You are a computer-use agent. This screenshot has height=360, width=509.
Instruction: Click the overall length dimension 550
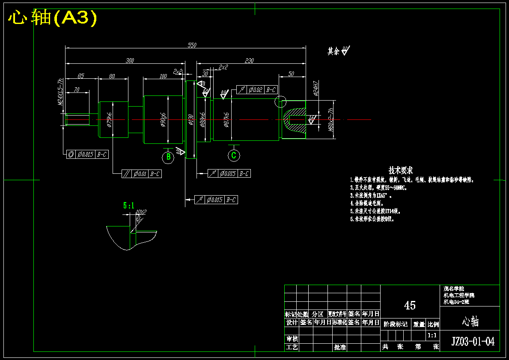pyautogui.click(x=192, y=45)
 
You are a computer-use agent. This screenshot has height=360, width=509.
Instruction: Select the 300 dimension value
pyautogui.click(x=130, y=61)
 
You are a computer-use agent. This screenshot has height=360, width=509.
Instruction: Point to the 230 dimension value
pyautogui.click(x=249, y=61)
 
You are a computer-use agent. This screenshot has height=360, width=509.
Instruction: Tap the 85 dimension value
pyautogui.click(x=80, y=76)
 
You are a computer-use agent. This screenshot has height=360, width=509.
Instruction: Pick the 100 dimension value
pyautogui.click(x=163, y=76)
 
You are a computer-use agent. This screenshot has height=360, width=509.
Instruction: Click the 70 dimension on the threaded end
pyautogui.click(x=76, y=89)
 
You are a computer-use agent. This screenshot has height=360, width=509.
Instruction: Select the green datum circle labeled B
pyautogui.click(x=168, y=157)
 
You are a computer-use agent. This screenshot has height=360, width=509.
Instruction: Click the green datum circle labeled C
pyautogui.click(x=233, y=155)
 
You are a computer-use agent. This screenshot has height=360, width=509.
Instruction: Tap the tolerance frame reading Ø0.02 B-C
pyautogui.click(x=257, y=90)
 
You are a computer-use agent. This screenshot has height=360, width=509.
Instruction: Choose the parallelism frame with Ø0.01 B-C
pyautogui.click(x=141, y=174)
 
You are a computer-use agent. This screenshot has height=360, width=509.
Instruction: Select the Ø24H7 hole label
pyautogui.click(x=316, y=88)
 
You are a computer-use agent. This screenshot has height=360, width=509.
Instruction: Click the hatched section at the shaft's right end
pyautogui.click(x=295, y=119)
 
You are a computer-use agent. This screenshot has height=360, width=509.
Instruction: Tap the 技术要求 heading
pyautogui.click(x=400, y=170)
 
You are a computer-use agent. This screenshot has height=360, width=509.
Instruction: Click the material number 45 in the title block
pyautogui.click(x=410, y=305)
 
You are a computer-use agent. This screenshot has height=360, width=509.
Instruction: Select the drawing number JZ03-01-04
pyautogui.click(x=473, y=341)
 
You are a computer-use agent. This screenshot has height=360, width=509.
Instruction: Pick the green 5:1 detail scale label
pyautogui.click(x=128, y=205)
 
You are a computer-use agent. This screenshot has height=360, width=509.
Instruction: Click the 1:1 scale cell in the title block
pyautogui.click(x=433, y=336)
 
